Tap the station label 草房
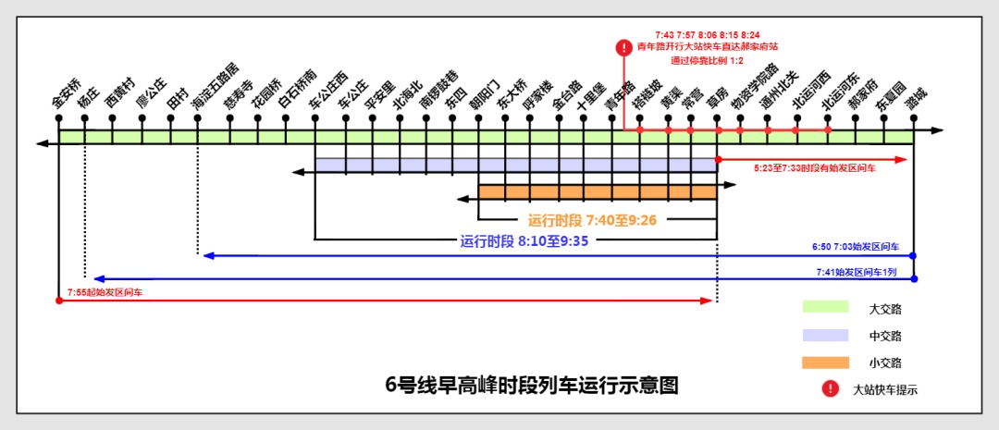(719, 102)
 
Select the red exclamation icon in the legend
(829, 389)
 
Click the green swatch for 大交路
(825, 307)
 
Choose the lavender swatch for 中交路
(825, 335)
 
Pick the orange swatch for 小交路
(825, 362)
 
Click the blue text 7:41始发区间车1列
(868, 272)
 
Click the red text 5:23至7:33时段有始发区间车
(815, 169)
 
